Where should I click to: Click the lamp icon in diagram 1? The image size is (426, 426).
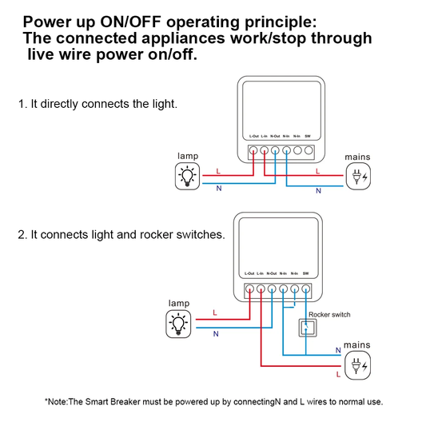(188, 176)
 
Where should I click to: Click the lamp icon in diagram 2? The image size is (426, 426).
(178, 324)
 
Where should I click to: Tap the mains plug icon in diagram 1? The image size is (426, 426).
(357, 177)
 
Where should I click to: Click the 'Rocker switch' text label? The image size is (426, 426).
(328, 315)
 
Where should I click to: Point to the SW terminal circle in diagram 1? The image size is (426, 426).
(308, 149)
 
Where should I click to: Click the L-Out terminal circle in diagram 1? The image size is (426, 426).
(253, 149)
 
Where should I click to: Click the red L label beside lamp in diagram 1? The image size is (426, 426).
(218, 171)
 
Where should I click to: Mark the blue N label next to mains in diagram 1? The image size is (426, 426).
(318, 191)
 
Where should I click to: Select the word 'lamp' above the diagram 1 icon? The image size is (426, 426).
(189, 156)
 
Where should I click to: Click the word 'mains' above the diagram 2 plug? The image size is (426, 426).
(357, 344)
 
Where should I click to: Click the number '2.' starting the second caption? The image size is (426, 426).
(22, 235)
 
